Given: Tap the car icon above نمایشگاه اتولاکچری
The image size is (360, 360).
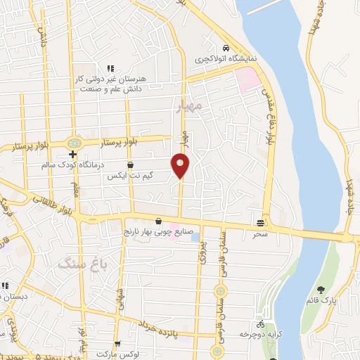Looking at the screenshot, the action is [x=225, y=48].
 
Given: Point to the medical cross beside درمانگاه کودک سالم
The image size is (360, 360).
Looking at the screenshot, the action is [x=72, y=155].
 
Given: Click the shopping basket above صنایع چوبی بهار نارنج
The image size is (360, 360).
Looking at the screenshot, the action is [x=158, y=221].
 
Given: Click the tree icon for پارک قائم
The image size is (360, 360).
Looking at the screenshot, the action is [x=321, y=290].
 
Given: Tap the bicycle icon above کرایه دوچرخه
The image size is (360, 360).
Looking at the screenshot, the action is [x=261, y=325].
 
